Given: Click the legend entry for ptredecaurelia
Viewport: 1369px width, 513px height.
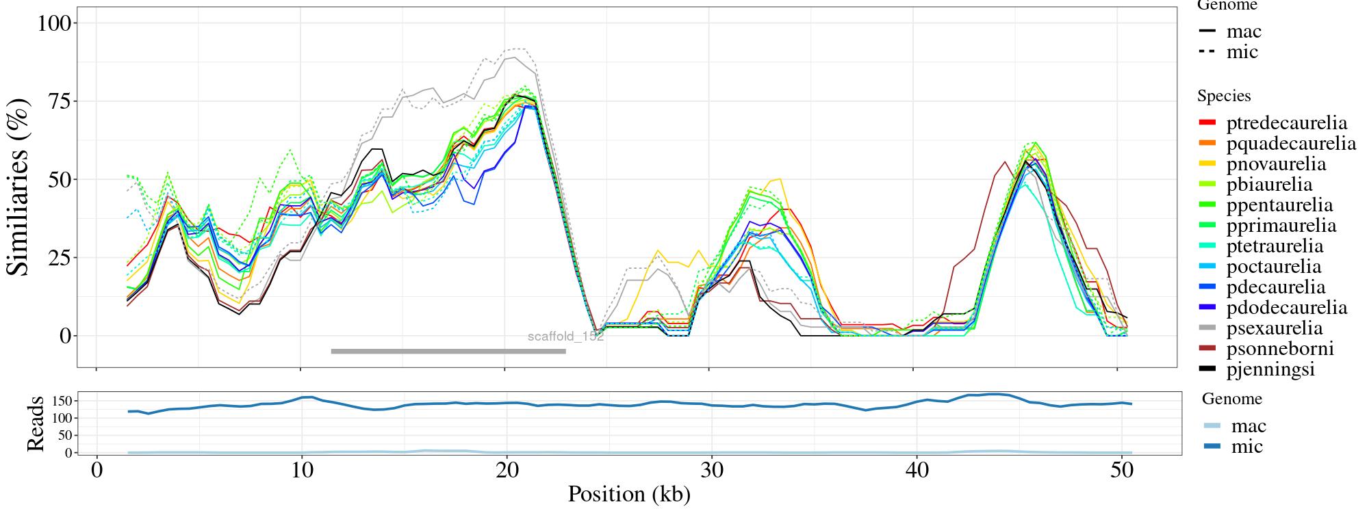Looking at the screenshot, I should click(x=1286, y=123).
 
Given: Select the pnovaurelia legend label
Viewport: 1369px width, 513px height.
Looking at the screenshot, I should click(x=1276, y=164).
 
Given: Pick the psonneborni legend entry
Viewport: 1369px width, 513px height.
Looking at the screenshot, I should click(x=1280, y=349).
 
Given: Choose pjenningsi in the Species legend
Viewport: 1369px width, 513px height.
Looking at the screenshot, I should click(x=1270, y=369).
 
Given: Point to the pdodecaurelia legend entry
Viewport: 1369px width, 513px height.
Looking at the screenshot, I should click(x=1286, y=308).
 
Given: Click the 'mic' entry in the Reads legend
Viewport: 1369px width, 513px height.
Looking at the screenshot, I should click(x=1246, y=447).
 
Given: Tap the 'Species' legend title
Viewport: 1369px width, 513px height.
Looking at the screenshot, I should click(x=1224, y=96).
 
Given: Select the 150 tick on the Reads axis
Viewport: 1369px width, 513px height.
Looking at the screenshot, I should click(x=60, y=399).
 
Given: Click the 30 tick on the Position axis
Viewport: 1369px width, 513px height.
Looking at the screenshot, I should click(x=712, y=471).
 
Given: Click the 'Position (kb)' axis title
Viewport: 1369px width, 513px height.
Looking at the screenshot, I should click(x=628, y=494).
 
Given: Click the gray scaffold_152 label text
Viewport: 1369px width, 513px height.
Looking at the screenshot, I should click(x=565, y=337).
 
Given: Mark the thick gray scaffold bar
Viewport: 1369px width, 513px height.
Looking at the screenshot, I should click(x=448, y=352).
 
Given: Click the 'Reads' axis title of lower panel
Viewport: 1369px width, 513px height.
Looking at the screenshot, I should click(x=35, y=423).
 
